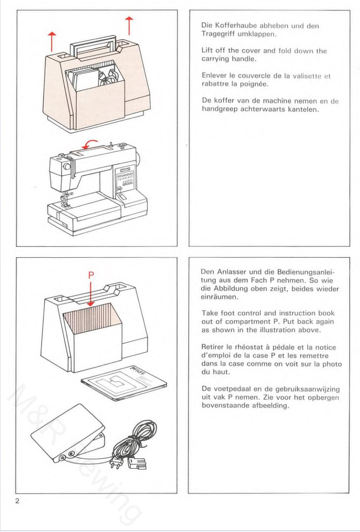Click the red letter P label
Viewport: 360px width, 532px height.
coord(91,275)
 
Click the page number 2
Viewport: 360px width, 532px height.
coord(17,501)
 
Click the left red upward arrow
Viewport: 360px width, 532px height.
coord(52,42)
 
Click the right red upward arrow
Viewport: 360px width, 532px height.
coord(129,26)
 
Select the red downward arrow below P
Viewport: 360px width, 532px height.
coord(91,294)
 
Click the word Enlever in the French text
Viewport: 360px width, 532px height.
coord(214,76)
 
